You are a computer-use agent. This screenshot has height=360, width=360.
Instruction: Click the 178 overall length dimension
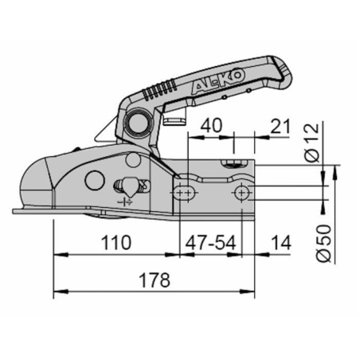155,280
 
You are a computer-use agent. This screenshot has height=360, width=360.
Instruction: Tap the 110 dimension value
116,243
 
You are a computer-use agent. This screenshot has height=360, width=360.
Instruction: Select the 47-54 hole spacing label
210,243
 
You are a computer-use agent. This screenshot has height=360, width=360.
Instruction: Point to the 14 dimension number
281,243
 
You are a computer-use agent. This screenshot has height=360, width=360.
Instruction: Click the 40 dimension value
211,126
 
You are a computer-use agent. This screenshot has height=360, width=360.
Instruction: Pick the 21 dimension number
280,126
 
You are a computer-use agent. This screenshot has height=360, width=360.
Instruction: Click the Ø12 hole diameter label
311,143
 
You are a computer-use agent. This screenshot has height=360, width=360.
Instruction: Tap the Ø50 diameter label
324,244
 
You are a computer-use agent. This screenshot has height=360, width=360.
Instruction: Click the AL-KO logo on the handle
218,80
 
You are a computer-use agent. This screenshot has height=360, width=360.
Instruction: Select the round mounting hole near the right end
241,193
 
